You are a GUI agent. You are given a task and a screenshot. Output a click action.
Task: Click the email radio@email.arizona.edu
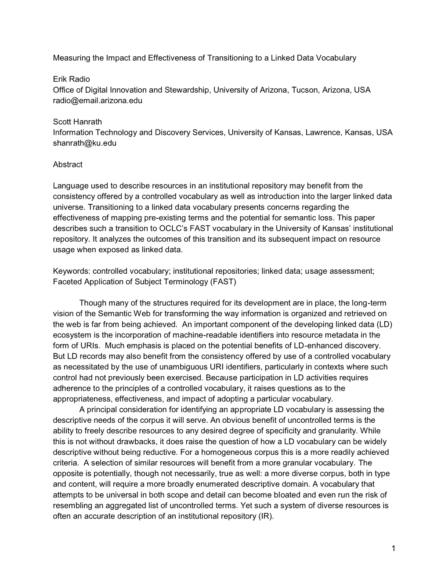click(x=98, y=101)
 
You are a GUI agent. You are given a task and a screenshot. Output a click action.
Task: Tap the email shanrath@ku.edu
click(x=84, y=143)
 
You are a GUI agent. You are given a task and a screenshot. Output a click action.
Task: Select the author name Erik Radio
click(x=71, y=79)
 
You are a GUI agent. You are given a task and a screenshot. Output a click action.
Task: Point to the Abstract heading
click(x=68, y=164)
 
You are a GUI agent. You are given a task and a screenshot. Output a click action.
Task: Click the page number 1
click(x=393, y=548)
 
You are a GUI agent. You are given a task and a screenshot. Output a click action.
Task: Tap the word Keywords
click(x=71, y=271)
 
